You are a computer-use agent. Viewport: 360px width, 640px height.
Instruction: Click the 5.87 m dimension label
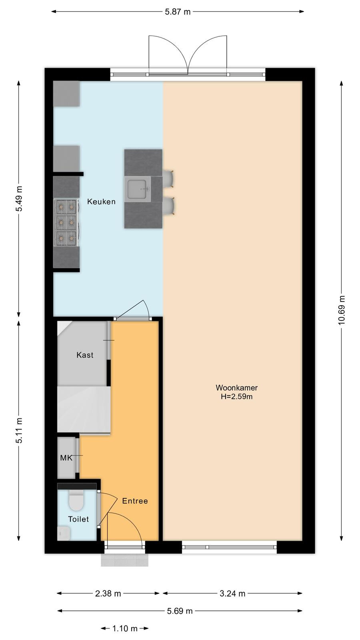pyautogui.click(x=178, y=12)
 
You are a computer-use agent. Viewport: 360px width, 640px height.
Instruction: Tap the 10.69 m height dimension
pyautogui.click(x=342, y=310)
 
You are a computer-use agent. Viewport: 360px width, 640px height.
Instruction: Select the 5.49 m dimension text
pyautogui.click(x=19, y=198)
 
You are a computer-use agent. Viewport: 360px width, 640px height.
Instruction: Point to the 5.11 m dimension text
pyautogui.click(x=19, y=430)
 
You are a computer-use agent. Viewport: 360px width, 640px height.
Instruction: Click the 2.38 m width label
pyautogui.click(x=108, y=594)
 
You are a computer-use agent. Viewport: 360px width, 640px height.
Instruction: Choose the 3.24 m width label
pyautogui.click(x=232, y=594)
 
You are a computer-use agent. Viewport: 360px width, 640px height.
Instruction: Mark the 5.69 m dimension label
pyautogui.click(x=180, y=611)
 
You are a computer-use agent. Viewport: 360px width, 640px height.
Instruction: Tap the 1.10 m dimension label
pyautogui.click(x=125, y=628)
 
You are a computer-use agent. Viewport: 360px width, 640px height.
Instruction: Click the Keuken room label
pyautogui.click(x=102, y=202)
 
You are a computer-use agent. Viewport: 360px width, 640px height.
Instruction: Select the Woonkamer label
pyautogui.click(x=236, y=388)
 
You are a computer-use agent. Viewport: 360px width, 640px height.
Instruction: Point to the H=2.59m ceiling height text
pyautogui.click(x=236, y=396)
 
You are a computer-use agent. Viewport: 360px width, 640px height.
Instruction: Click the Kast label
pyautogui.click(x=85, y=355)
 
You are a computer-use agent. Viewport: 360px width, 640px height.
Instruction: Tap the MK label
pyautogui.click(x=66, y=458)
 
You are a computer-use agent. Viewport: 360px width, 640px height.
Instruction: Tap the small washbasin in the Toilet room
pyautogui.click(x=64, y=534)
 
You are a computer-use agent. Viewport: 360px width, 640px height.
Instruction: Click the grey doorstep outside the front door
pyautogui.click(x=124, y=560)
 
